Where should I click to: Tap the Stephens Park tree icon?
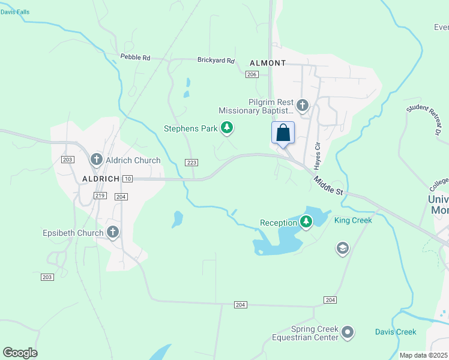click(226, 127)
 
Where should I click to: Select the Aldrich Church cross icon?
click(96, 160)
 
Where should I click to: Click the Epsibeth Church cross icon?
click(112, 232)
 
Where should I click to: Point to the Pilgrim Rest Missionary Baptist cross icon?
click(303, 106)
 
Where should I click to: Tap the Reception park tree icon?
click(306, 223)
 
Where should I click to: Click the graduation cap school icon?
click(342, 248)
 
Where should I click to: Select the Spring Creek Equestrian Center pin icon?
click(348, 332)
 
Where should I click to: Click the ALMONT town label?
click(267, 63)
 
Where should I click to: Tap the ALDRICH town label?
click(98, 179)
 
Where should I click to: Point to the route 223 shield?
click(191, 163)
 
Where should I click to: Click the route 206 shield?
click(252, 74)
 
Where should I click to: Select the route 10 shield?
click(127, 179)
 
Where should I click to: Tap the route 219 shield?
click(100, 196)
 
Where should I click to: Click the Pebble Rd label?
click(135, 57)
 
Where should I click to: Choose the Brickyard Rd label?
click(215, 60)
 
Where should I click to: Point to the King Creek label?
click(353, 220)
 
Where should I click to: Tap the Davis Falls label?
click(15, 12)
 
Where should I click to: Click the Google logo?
click(20, 352)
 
